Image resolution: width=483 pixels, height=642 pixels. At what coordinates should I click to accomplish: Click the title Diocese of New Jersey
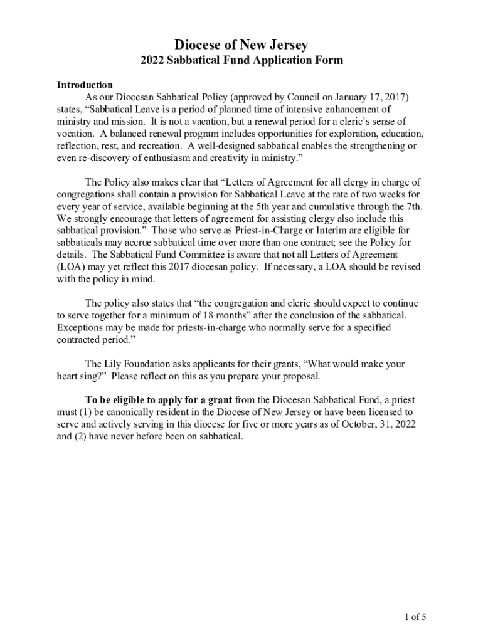coord(242,45)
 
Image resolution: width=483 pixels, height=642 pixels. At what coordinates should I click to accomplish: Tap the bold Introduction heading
coord(85,85)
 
